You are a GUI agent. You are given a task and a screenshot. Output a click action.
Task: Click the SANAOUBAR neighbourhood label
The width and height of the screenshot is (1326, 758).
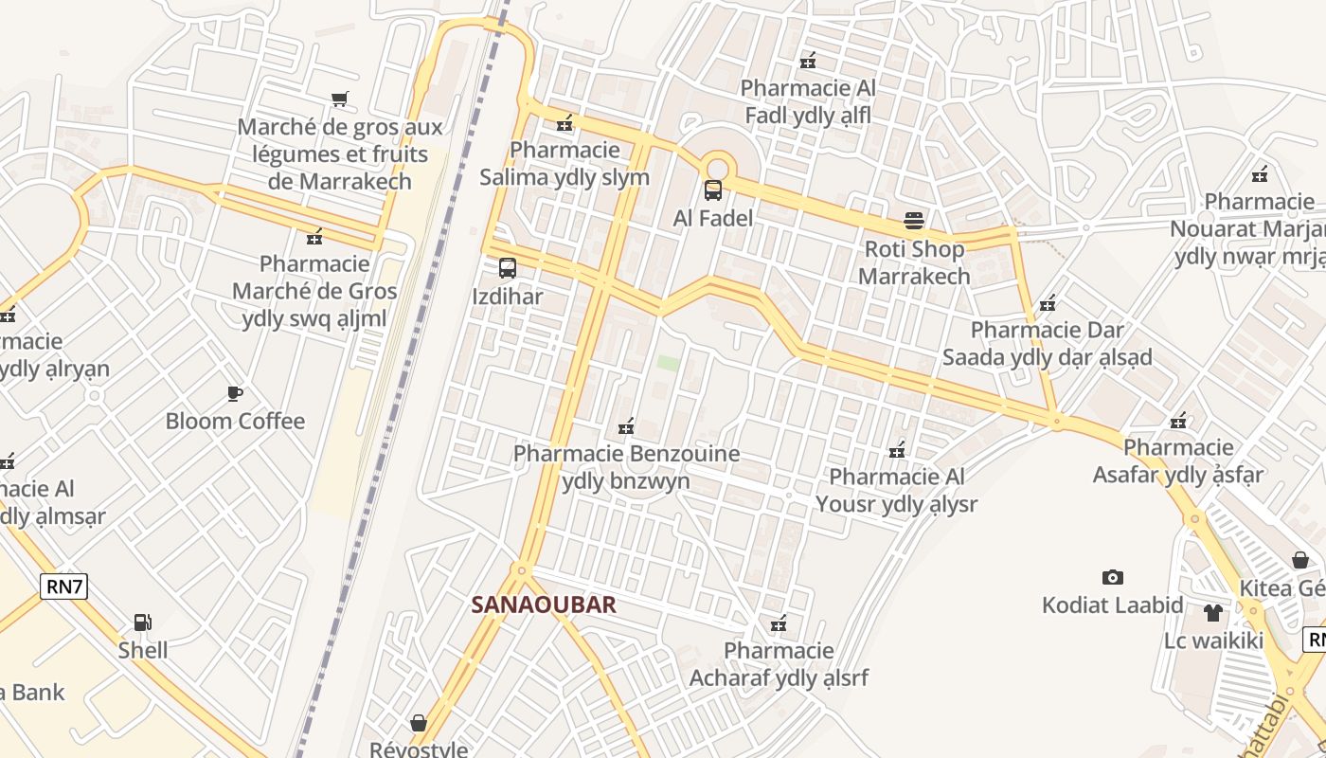click(x=544, y=605)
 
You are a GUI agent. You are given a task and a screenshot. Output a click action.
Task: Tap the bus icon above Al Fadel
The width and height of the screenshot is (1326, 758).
click(x=713, y=190)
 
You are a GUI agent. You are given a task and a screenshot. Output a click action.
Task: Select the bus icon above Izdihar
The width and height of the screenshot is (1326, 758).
click(x=508, y=268)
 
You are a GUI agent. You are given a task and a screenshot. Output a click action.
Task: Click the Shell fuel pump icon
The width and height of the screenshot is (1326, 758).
click(x=143, y=623)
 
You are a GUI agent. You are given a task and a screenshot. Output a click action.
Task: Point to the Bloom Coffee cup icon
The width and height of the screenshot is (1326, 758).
click(x=235, y=393)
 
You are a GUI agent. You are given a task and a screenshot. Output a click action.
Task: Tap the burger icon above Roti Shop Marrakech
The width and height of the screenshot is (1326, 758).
click(x=914, y=221)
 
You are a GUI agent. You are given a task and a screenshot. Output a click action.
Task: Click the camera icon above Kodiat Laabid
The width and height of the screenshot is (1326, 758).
click(x=1113, y=577)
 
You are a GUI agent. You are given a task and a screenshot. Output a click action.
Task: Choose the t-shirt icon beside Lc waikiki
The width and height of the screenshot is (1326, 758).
click(x=1213, y=612)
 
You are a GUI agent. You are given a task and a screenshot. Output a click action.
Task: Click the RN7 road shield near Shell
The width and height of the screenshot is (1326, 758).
click(x=65, y=587)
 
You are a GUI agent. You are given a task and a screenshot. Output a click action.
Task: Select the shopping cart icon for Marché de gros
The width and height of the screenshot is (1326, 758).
click(x=340, y=99)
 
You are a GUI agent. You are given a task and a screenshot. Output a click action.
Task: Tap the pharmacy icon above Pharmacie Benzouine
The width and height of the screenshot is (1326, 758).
click(x=626, y=426)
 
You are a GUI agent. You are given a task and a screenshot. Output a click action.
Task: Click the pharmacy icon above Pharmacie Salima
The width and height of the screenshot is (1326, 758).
click(x=565, y=122)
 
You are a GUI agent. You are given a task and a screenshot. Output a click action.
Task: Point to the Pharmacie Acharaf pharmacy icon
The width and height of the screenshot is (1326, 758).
click(x=779, y=623)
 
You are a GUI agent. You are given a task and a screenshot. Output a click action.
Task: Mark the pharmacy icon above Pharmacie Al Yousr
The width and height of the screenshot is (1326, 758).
click(x=898, y=449)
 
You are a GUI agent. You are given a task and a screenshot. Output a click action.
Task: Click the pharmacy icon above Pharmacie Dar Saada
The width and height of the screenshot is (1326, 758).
click(x=1048, y=303)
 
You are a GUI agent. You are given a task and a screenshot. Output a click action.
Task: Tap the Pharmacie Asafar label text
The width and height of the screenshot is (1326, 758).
click(x=1178, y=460)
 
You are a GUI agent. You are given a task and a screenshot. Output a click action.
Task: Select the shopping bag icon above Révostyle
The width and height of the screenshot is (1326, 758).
click(x=419, y=723)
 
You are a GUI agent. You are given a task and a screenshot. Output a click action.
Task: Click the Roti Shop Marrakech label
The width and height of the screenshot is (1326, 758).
click(x=914, y=262)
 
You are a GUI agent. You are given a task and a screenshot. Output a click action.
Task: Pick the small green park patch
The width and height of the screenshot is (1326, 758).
click(x=669, y=363)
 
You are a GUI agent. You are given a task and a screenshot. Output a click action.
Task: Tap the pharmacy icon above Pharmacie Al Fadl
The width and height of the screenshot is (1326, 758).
click(x=808, y=61)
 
